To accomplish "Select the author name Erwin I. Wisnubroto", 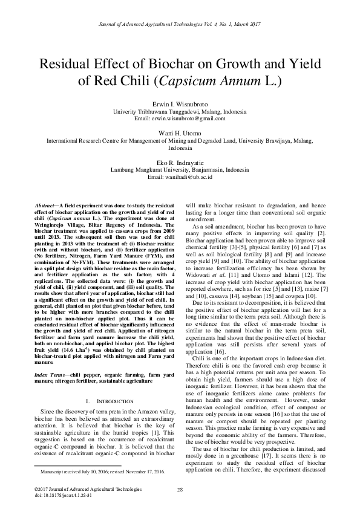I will [x=180, y=105].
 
